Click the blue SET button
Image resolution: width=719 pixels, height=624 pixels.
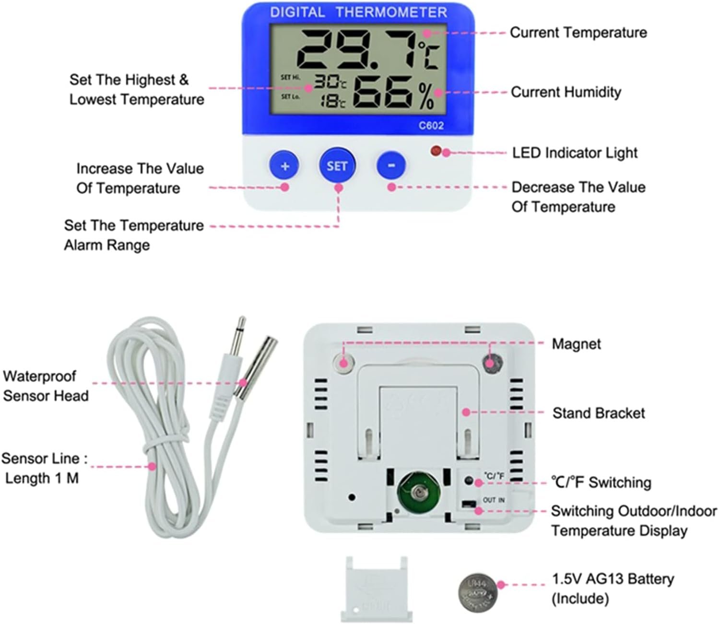pos(337,166)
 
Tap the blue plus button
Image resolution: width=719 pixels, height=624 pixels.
pos(284,166)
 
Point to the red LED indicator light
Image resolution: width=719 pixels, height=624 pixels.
pos(436,151)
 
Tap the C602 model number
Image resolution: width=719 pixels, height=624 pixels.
pos(431,126)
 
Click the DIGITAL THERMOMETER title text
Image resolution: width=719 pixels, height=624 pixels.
pos(358,12)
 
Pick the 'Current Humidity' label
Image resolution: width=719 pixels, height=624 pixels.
pos(566,92)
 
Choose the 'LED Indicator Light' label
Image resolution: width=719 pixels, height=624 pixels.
pos(575,153)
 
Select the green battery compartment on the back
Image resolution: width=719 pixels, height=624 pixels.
pos(419,493)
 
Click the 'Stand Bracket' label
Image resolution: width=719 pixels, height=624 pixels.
pos(599,413)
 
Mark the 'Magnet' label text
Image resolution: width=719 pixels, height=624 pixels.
pos(576,344)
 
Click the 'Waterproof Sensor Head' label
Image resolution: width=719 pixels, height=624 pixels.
pos(46,386)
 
